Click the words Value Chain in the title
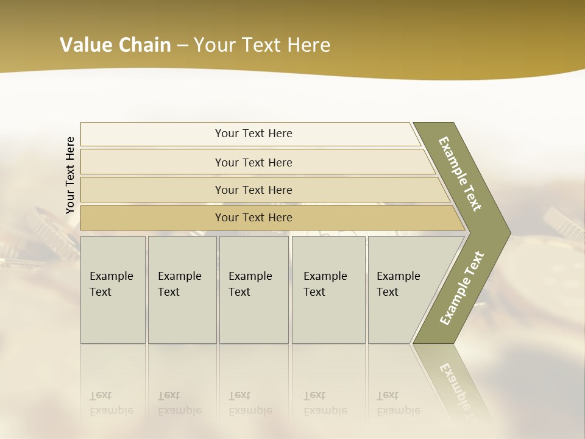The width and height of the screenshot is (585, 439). coord(115,45)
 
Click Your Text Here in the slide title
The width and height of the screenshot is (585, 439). coord(262,45)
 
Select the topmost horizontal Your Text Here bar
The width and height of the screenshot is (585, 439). coord(253,134)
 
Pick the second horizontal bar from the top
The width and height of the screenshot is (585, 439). coord(253,162)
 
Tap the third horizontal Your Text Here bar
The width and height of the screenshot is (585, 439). coord(253,190)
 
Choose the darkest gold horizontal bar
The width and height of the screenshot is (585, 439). coord(253,218)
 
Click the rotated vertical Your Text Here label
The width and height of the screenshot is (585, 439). coord(70,175)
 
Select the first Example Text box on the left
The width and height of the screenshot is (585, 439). coord(113,290)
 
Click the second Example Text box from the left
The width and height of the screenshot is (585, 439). coord(182,290)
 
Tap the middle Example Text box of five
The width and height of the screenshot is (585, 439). coord(253,290)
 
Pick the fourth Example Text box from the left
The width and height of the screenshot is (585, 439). coord(328,290)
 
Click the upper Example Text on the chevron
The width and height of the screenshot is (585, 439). coord(460,174)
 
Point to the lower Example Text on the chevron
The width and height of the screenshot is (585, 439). coord(461,288)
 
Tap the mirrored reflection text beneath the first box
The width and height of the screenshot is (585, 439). coord(111,403)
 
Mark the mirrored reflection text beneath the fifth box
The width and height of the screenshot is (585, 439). coord(398,403)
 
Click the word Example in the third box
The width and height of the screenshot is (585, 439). coord(250,276)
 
